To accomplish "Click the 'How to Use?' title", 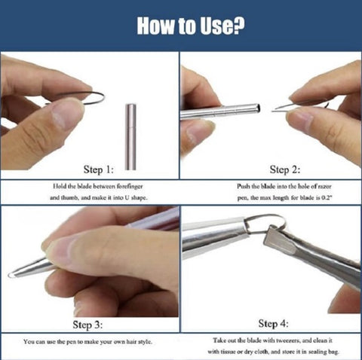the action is [191, 26].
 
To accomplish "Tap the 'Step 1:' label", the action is [99, 169].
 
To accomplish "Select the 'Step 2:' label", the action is [285, 169].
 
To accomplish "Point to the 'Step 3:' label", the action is [87, 325].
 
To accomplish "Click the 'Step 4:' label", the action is [273, 323].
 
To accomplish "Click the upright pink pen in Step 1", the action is [130, 137].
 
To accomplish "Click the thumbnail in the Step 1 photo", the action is [66, 114].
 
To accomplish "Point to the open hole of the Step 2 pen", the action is [258, 108].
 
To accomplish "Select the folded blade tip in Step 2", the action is [277, 109].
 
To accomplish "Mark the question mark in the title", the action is [239, 26].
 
